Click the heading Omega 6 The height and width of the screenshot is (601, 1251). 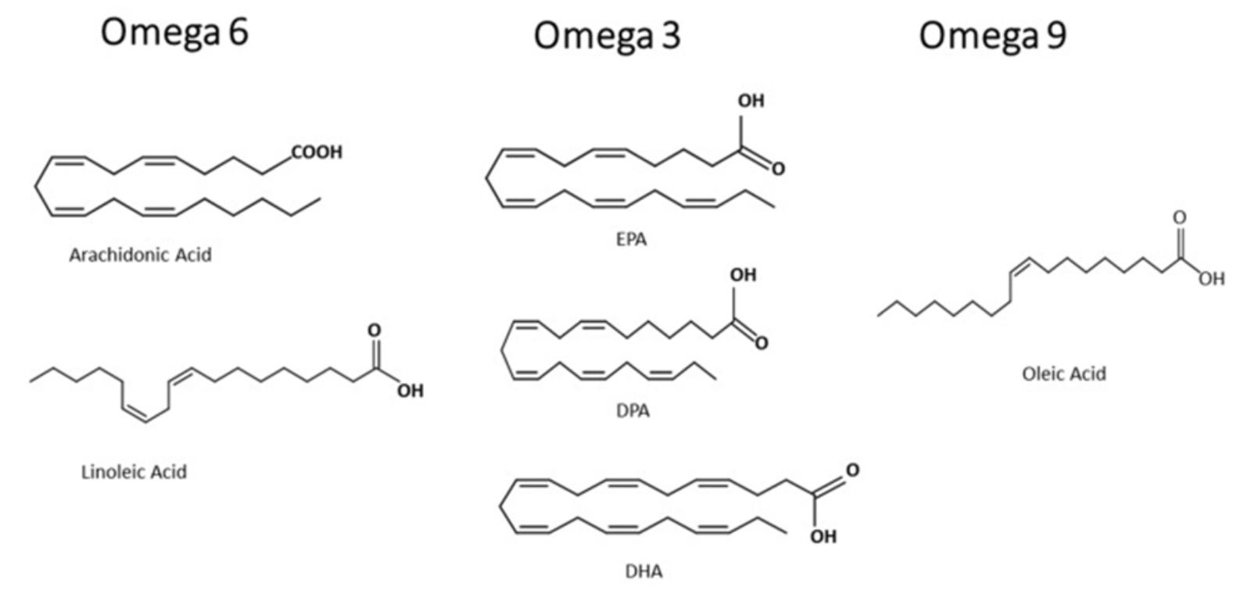[174, 33]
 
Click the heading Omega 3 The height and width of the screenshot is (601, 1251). [607, 37]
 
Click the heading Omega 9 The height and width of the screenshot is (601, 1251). [991, 36]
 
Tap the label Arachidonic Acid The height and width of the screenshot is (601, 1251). [140, 255]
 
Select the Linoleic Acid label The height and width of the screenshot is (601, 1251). [134, 472]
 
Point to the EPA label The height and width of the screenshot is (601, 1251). [631, 240]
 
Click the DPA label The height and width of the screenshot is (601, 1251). [633, 410]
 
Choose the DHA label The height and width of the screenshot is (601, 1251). [643, 572]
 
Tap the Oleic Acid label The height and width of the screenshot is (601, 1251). [1063, 374]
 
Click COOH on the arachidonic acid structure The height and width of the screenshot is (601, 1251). [317, 152]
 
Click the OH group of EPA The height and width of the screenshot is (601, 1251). [751, 101]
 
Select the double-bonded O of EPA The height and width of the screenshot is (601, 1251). [777, 169]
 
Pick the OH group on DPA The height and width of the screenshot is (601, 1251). [743, 275]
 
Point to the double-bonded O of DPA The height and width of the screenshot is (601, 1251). [761, 343]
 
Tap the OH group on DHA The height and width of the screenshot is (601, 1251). [823, 536]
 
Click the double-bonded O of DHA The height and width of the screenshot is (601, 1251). [851, 470]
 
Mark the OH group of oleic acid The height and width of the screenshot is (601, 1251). [1211, 279]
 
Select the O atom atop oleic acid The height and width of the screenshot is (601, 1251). [1179, 217]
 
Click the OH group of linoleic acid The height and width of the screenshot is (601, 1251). [410, 391]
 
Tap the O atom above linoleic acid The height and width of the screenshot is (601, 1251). [375, 331]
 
